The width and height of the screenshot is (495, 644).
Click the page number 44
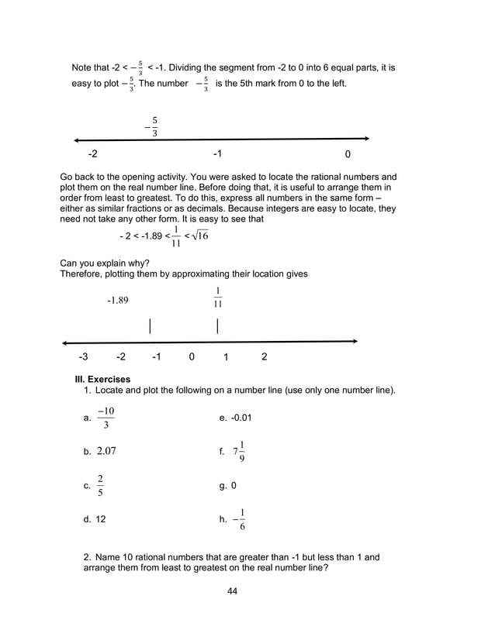pyautogui.click(x=231, y=592)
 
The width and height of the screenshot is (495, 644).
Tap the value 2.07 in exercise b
pyautogui.click(x=106, y=450)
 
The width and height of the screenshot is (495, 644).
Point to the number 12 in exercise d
pyautogui.click(x=101, y=519)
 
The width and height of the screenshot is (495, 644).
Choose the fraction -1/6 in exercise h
pyautogui.click(x=240, y=519)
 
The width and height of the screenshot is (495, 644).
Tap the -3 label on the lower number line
pyautogui.click(x=83, y=356)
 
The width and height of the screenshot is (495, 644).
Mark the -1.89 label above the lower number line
pyautogui.click(x=117, y=301)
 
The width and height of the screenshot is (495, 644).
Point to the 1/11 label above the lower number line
pyautogui.click(x=218, y=298)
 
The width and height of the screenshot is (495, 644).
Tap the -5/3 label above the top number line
pyautogui.click(x=152, y=127)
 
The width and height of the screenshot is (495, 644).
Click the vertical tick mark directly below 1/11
pyautogui.click(x=218, y=325)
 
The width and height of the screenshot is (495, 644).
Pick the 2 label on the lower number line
pyautogui.click(x=265, y=356)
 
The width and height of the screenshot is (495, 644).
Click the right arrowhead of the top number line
pyautogui.click(x=365, y=139)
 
